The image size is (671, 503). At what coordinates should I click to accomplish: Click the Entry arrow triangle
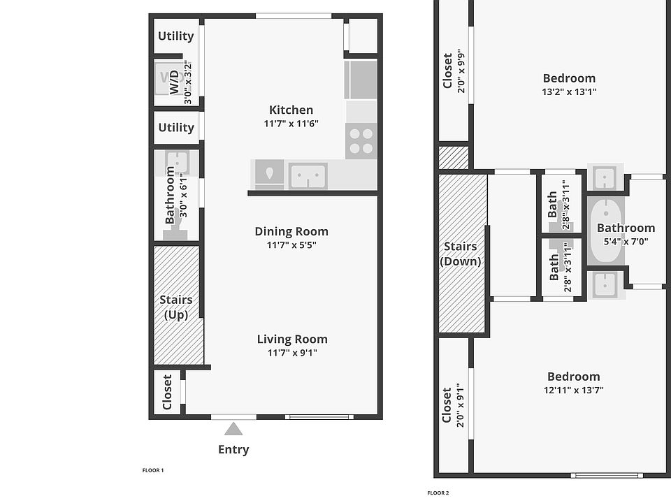233,429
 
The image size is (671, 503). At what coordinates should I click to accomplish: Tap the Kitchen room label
291,110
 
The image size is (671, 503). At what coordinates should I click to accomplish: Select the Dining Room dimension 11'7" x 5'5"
291,245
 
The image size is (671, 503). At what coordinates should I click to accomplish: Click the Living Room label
292,340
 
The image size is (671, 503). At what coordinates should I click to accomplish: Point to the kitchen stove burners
361,141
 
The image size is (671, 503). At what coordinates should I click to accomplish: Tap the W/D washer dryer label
174,82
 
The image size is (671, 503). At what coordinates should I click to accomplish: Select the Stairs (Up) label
176,307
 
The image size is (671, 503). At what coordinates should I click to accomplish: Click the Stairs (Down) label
461,254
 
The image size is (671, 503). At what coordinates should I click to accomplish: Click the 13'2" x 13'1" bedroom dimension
569,92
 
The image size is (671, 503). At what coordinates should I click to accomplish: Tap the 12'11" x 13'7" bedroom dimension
573,390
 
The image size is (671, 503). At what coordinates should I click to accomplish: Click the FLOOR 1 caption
153,470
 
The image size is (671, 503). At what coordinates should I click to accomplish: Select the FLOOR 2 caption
438,493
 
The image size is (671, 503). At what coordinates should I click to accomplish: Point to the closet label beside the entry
167,392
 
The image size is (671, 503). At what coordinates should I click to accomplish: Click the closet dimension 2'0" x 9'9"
461,71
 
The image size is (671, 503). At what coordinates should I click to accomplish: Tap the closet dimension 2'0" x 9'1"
461,405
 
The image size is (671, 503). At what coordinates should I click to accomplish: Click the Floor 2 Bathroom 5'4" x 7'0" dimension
626,241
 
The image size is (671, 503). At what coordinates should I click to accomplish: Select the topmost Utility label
176,36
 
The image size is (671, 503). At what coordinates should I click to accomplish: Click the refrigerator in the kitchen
361,80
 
